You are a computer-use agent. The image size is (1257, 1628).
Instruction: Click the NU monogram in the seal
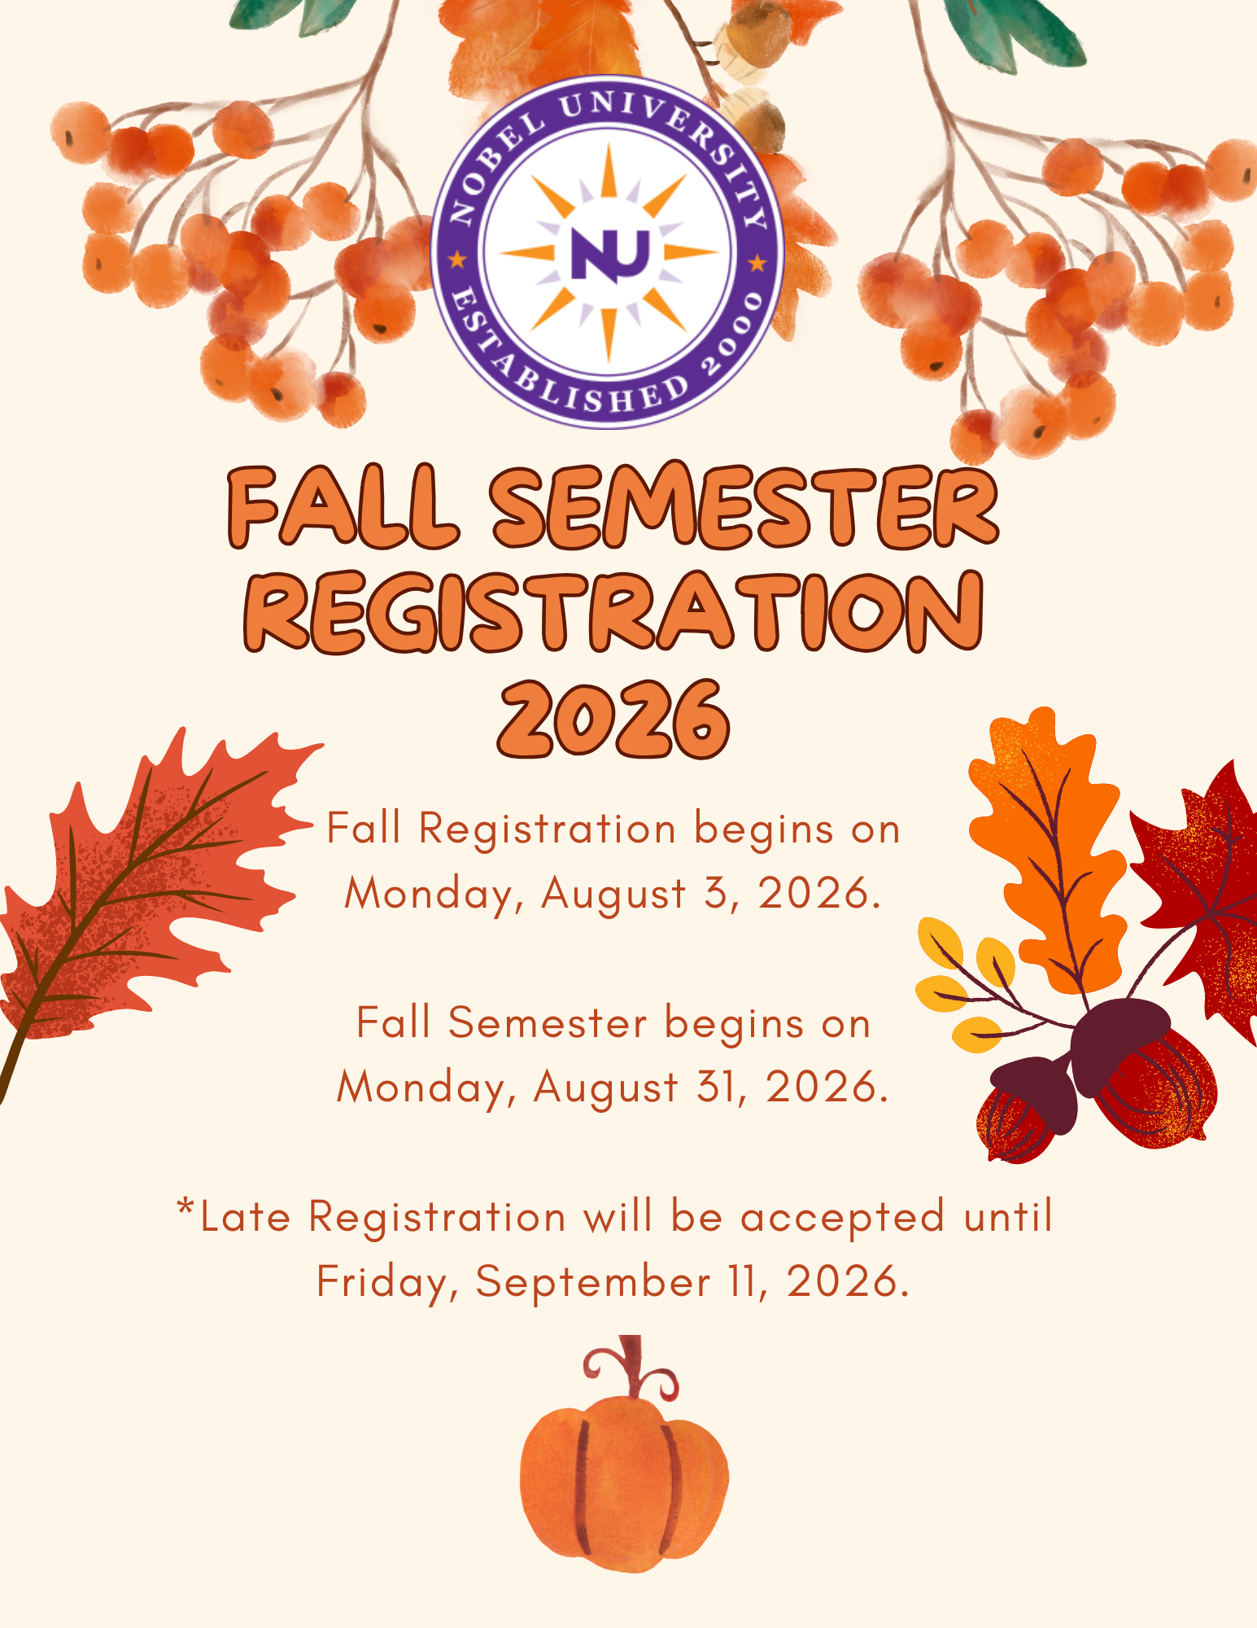point(609,254)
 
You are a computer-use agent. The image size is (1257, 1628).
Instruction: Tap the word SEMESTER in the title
point(744,505)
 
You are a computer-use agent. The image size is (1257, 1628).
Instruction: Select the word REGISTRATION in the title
point(614,612)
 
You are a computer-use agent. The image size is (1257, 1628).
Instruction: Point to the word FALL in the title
point(342,507)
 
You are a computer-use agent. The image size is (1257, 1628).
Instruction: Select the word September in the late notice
point(593,1282)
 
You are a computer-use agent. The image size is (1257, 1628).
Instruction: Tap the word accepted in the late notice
point(843,1218)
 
